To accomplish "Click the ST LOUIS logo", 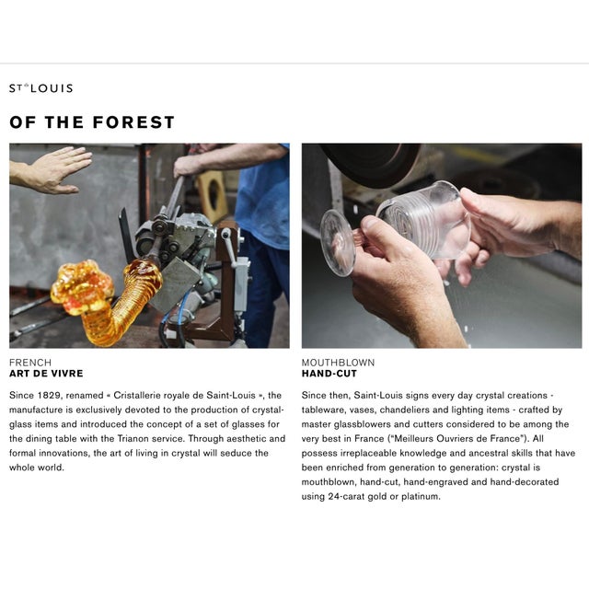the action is pos(40,88).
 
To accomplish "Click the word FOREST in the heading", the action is pos(133,122).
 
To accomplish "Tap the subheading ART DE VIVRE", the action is pos(46,374).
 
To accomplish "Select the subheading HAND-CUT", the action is pos(329,374).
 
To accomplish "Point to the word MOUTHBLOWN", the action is pos(338,363).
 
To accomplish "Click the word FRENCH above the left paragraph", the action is pos(30,363).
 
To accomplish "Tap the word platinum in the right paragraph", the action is pos(421,497).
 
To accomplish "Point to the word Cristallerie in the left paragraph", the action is pos(135,395).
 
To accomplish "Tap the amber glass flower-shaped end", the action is pos(82,286).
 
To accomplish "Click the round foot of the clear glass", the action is pos(338,243).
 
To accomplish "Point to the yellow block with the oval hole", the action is pos(213,195).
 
